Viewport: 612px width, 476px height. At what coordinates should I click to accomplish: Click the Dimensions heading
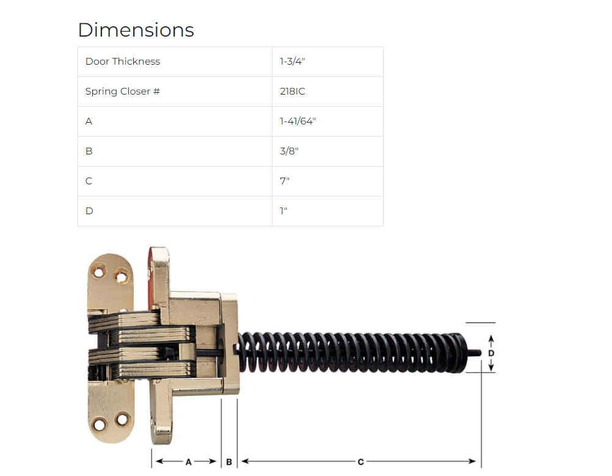(136, 30)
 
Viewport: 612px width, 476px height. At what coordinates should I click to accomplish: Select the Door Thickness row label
(123, 61)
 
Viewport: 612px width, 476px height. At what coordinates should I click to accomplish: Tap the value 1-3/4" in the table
(293, 61)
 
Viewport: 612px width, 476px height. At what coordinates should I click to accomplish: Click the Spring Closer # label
(123, 91)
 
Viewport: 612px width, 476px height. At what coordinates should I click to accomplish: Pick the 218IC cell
(293, 91)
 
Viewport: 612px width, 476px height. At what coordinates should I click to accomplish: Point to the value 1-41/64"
(298, 121)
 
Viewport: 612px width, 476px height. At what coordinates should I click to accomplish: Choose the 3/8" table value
(290, 151)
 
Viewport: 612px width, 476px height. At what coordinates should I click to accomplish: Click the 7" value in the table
(285, 181)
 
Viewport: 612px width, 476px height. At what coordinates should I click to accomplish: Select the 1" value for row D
(283, 211)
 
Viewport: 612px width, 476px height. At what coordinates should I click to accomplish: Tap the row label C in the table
(89, 181)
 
